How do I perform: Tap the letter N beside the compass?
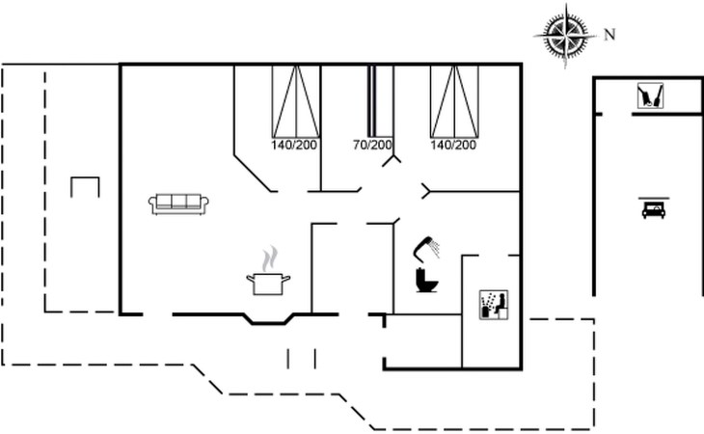click(x=609, y=35)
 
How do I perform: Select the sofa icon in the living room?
click(x=179, y=202)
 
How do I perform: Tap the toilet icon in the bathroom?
click(x=424, y=281)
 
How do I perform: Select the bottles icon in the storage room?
click(x=649, y=96)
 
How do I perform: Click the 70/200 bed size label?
click(x=372, y=146)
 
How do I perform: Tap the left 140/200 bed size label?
click(x=294, y=146)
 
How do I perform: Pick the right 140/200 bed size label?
click(x=453, y=146)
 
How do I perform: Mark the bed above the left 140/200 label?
click(x=295, y=100)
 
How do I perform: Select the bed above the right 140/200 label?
click(x=454, y=100)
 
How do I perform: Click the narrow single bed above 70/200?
click(x=371, y=100)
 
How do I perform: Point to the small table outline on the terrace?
click(x=86, y=186)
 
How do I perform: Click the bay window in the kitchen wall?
click(x=269, y=319)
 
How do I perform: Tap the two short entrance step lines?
click(x=302, y=358)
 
